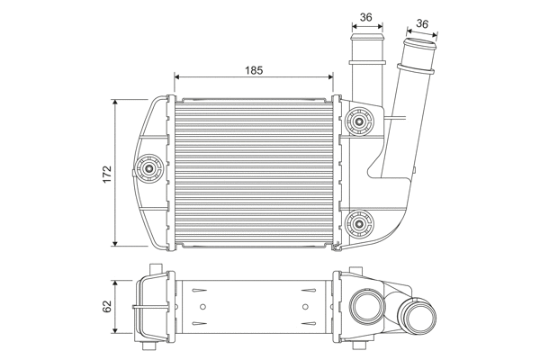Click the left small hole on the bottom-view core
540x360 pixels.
(x=201, y=289)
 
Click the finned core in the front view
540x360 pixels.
(x=255, y=171)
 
